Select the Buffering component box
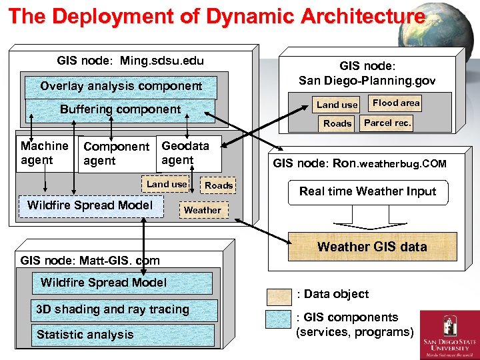[121, 109]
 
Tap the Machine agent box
[44, 153]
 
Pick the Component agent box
[116, 153]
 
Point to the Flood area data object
[396, 103]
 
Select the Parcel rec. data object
[388, 123]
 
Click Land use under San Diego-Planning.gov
[337, 105]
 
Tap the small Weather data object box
[202, 210]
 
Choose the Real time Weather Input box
[367, 191]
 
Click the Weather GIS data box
[372, 247]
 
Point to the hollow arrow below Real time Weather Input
[361, 217]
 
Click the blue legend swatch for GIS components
[279, 320]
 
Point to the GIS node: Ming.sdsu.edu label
[131, 61]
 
